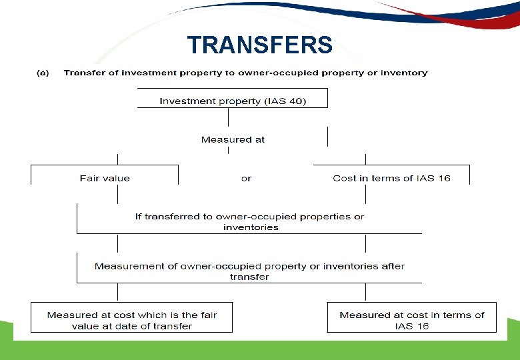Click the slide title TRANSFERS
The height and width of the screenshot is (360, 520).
point(259,45)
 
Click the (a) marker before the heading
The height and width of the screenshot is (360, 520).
point(42,73)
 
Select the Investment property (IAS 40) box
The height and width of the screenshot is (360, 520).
point(233,101)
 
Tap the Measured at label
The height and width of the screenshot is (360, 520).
point(233,139)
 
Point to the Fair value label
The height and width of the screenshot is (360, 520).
point(105,178)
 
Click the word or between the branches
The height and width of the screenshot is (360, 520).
point(246,178)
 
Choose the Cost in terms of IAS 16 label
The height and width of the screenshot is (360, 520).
point(391,178)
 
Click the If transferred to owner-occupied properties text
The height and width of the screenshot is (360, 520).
point(249,217)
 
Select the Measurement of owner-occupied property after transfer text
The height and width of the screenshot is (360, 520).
point(249,266)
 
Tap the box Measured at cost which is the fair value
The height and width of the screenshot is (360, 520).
point(132,320)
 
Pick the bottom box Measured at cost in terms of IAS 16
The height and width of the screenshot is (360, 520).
point(412,320)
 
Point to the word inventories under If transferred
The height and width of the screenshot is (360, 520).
point(251,227)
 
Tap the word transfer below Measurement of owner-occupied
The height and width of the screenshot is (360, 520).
point(249,277)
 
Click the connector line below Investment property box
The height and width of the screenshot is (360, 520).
point(229,117)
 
